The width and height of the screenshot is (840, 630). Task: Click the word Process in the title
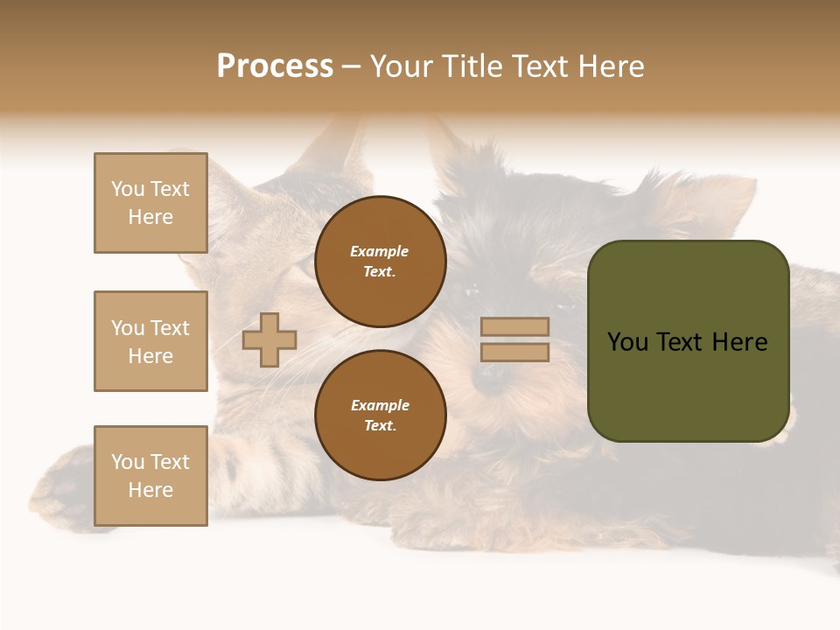coord(275,66)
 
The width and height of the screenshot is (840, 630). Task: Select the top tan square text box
coord(150,203)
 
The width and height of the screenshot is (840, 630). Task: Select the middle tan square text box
coord(150,341)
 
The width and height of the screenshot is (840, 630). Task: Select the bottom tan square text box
coord(150,476)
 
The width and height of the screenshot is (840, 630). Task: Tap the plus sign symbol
coord(269,339)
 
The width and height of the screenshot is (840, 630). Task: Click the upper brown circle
coord(381,262)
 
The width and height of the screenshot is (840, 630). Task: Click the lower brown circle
coord(381,416)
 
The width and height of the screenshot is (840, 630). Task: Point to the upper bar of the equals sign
coord(514,326)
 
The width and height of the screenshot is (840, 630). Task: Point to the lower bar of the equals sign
coord(514,352)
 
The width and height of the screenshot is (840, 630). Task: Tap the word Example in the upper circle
coord(380,251)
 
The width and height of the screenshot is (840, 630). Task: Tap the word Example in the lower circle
coord(380,405)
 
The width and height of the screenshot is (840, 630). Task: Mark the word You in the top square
coord(128,189)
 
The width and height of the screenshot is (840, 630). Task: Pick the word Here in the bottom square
coord(150,490)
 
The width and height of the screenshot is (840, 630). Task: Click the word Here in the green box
coord(739,342)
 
